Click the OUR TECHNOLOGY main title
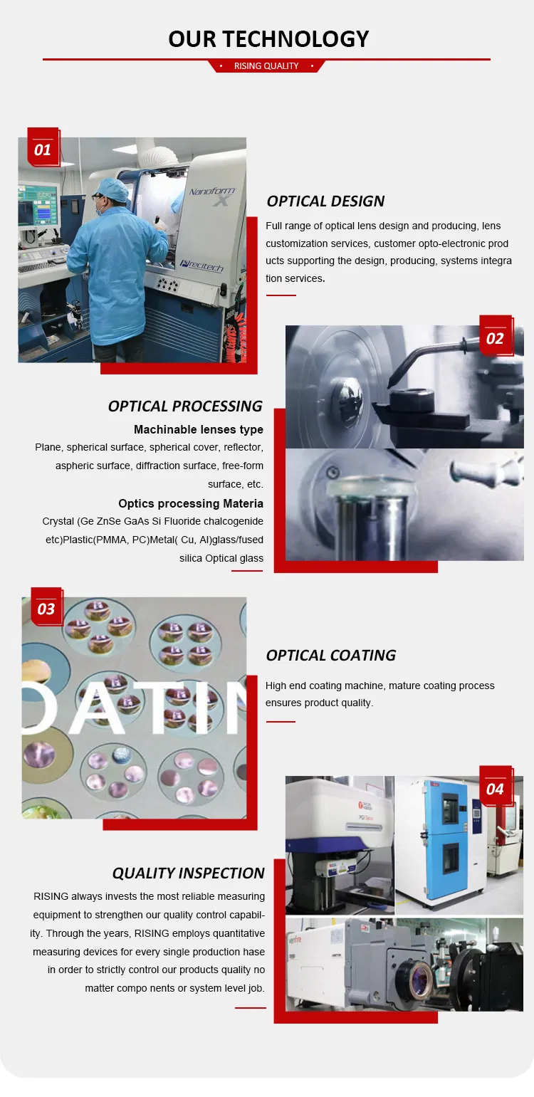268,38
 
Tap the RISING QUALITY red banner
266,66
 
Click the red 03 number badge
46,607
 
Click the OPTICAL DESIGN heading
325,201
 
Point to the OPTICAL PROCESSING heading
185,406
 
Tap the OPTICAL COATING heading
330,655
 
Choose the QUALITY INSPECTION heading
188,873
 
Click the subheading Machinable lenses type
198,429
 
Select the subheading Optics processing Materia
190,503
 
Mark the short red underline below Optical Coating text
281,721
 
